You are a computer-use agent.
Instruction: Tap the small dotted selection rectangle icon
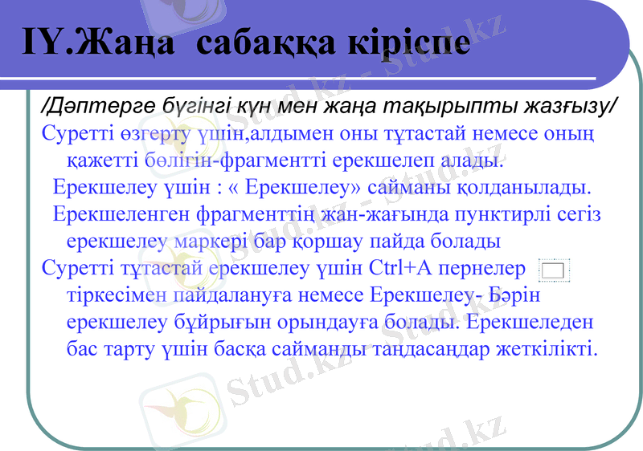pos(555,270)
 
